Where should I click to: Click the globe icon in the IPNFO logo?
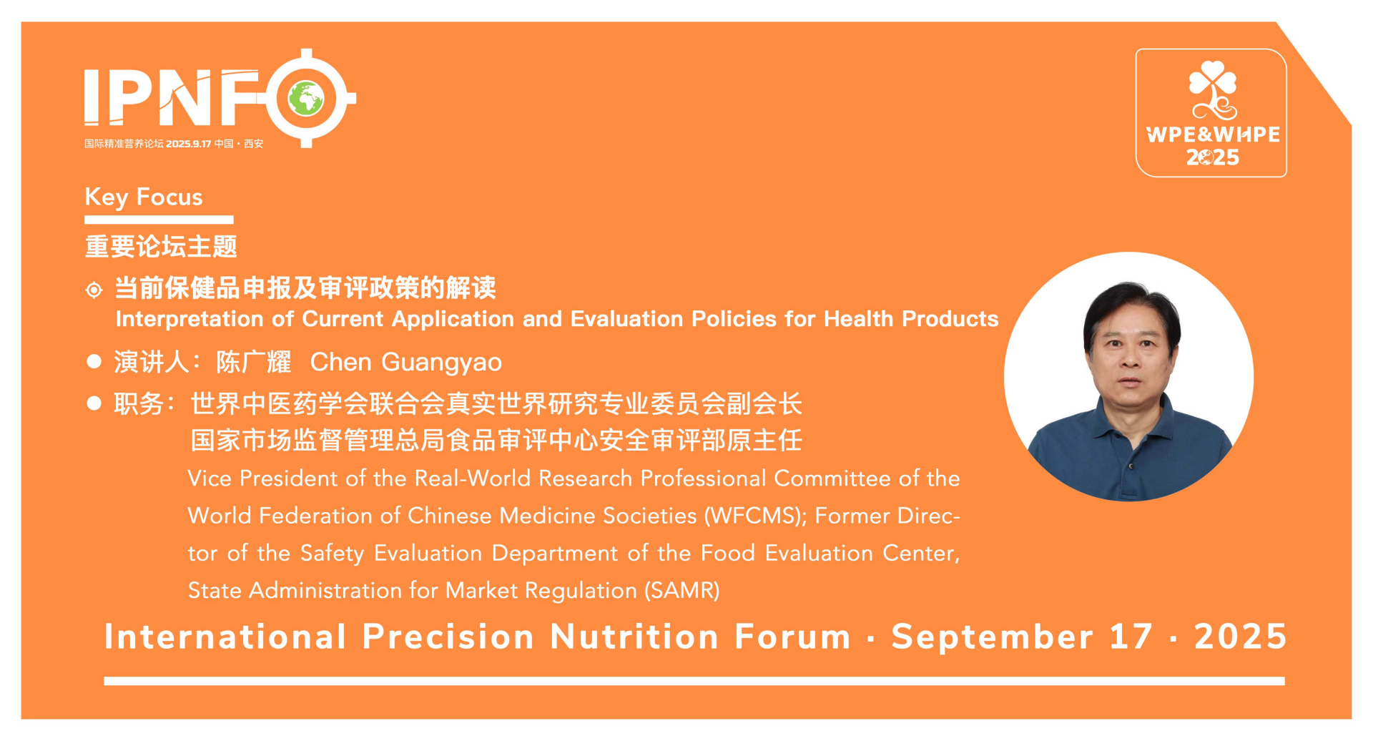click(x=306, y=99)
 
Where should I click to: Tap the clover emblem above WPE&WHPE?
click(x=1213, y=90)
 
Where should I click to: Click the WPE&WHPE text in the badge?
click(x=1213, y=134)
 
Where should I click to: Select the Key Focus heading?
click(x=144, y=197)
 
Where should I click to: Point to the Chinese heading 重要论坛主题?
click(x=161, y=247)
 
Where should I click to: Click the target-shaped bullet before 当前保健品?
click(x=94, y=290)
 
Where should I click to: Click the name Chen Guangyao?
click(x=406, y=363)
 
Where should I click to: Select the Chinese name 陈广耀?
click(x=254, y=363)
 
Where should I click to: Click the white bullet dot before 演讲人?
click(x=94, y=361)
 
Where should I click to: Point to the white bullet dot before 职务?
click(x=94, y=403)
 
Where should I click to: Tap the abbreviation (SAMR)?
click(x=682, y=591)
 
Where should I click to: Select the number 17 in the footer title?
click(x=1131, y=637)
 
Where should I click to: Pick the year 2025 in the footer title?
click(x=1241, y=637)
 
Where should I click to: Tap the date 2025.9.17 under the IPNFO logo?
click(x=189, y=144)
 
